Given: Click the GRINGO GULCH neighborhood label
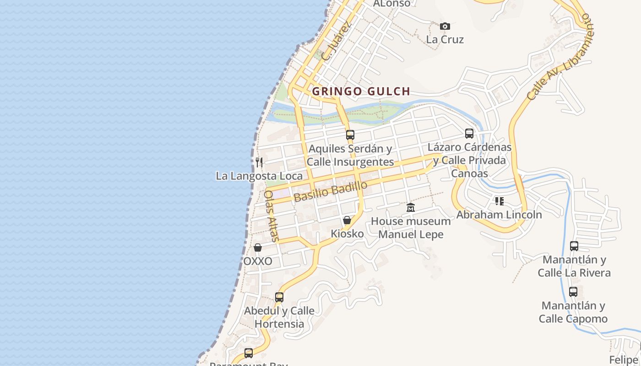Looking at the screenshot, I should [x=361, y=91].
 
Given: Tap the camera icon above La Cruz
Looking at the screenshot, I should [x=445, y=27].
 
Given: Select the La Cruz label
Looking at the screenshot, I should [x=445, y=40].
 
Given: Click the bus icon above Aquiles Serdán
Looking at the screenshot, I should [x=350, y=135].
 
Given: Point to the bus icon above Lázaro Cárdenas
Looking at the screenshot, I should [x=469, y=134].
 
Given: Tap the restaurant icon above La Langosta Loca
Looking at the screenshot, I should [x=259, y=162].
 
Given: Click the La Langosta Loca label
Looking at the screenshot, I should [x=259, y=176].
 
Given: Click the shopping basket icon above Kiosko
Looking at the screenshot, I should [x=347, y=221].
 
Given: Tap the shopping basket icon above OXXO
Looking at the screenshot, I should [x=258, y=248].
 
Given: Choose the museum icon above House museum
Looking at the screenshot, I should [x=411, y=208].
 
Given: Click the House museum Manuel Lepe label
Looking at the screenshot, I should [x=411, y=228].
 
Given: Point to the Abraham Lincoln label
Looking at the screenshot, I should [x=499, y=215].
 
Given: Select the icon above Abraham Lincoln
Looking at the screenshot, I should [x=499, y=201].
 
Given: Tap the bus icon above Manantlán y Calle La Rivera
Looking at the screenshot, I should [x=574, y=246].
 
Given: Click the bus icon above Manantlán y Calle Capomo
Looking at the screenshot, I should [x=573, y=292].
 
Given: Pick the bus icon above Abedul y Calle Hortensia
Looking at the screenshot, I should [x=279, y=297].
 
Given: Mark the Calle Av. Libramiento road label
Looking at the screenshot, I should [x=560, y=57].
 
